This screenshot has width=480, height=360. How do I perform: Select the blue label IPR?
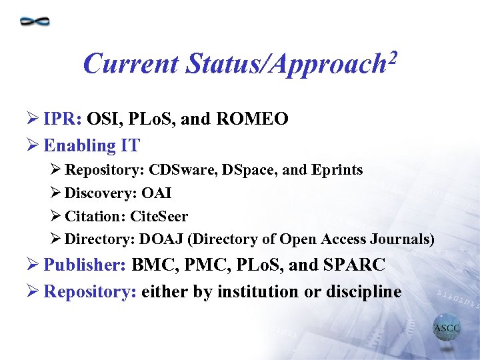(x=63, y=119)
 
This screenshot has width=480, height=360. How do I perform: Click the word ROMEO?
(x=254, y=119)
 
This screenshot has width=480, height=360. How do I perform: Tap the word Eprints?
(x=337, y=170)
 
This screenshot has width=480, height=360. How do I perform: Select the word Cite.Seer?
(x=159, y=217)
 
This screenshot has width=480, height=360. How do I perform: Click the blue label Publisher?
(x=85, y=265)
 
